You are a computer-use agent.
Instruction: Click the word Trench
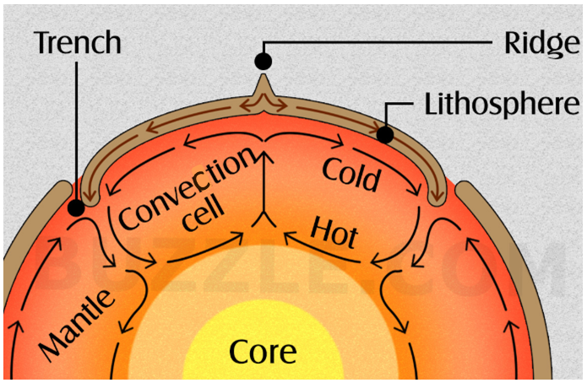click(79, 43)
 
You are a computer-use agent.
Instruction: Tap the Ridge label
click(541, 45)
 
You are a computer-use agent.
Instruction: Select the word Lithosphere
click(502, 105)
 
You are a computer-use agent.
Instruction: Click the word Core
click(263, 352)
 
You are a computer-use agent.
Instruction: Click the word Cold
click(351, 175)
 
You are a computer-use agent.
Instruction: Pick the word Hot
click(334, 233)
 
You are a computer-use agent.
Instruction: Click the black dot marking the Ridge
click(264, 62)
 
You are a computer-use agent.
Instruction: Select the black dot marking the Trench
click(76, 208)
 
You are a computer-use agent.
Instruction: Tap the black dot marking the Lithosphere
click(385, 135)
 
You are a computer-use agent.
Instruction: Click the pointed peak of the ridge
click(264, 75)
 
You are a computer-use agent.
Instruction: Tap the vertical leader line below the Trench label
click(77, 131)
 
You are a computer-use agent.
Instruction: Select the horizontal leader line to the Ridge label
click(378, 43)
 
